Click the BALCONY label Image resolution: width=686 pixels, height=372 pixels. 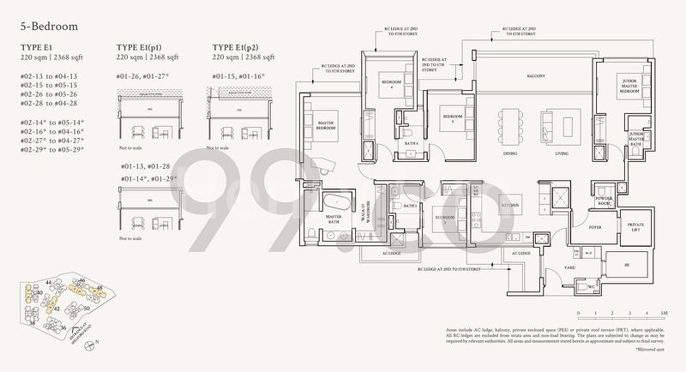coord(535,76)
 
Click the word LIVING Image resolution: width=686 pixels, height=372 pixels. coord(562,154)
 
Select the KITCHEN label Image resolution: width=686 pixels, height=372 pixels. coord(508,206)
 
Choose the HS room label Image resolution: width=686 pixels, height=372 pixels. coord(626,267)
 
